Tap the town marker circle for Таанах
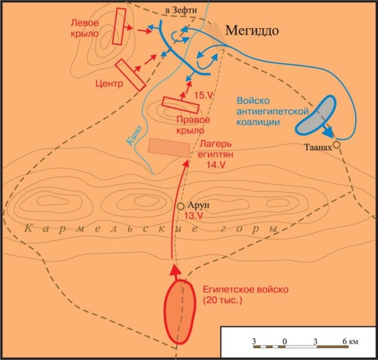click(x=336, y=145)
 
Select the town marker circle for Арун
click(x=181, y=206)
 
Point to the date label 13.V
click(x=194, y=216)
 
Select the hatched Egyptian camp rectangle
click(x=169, y=146)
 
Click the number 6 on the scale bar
click(x=345, y=341)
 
